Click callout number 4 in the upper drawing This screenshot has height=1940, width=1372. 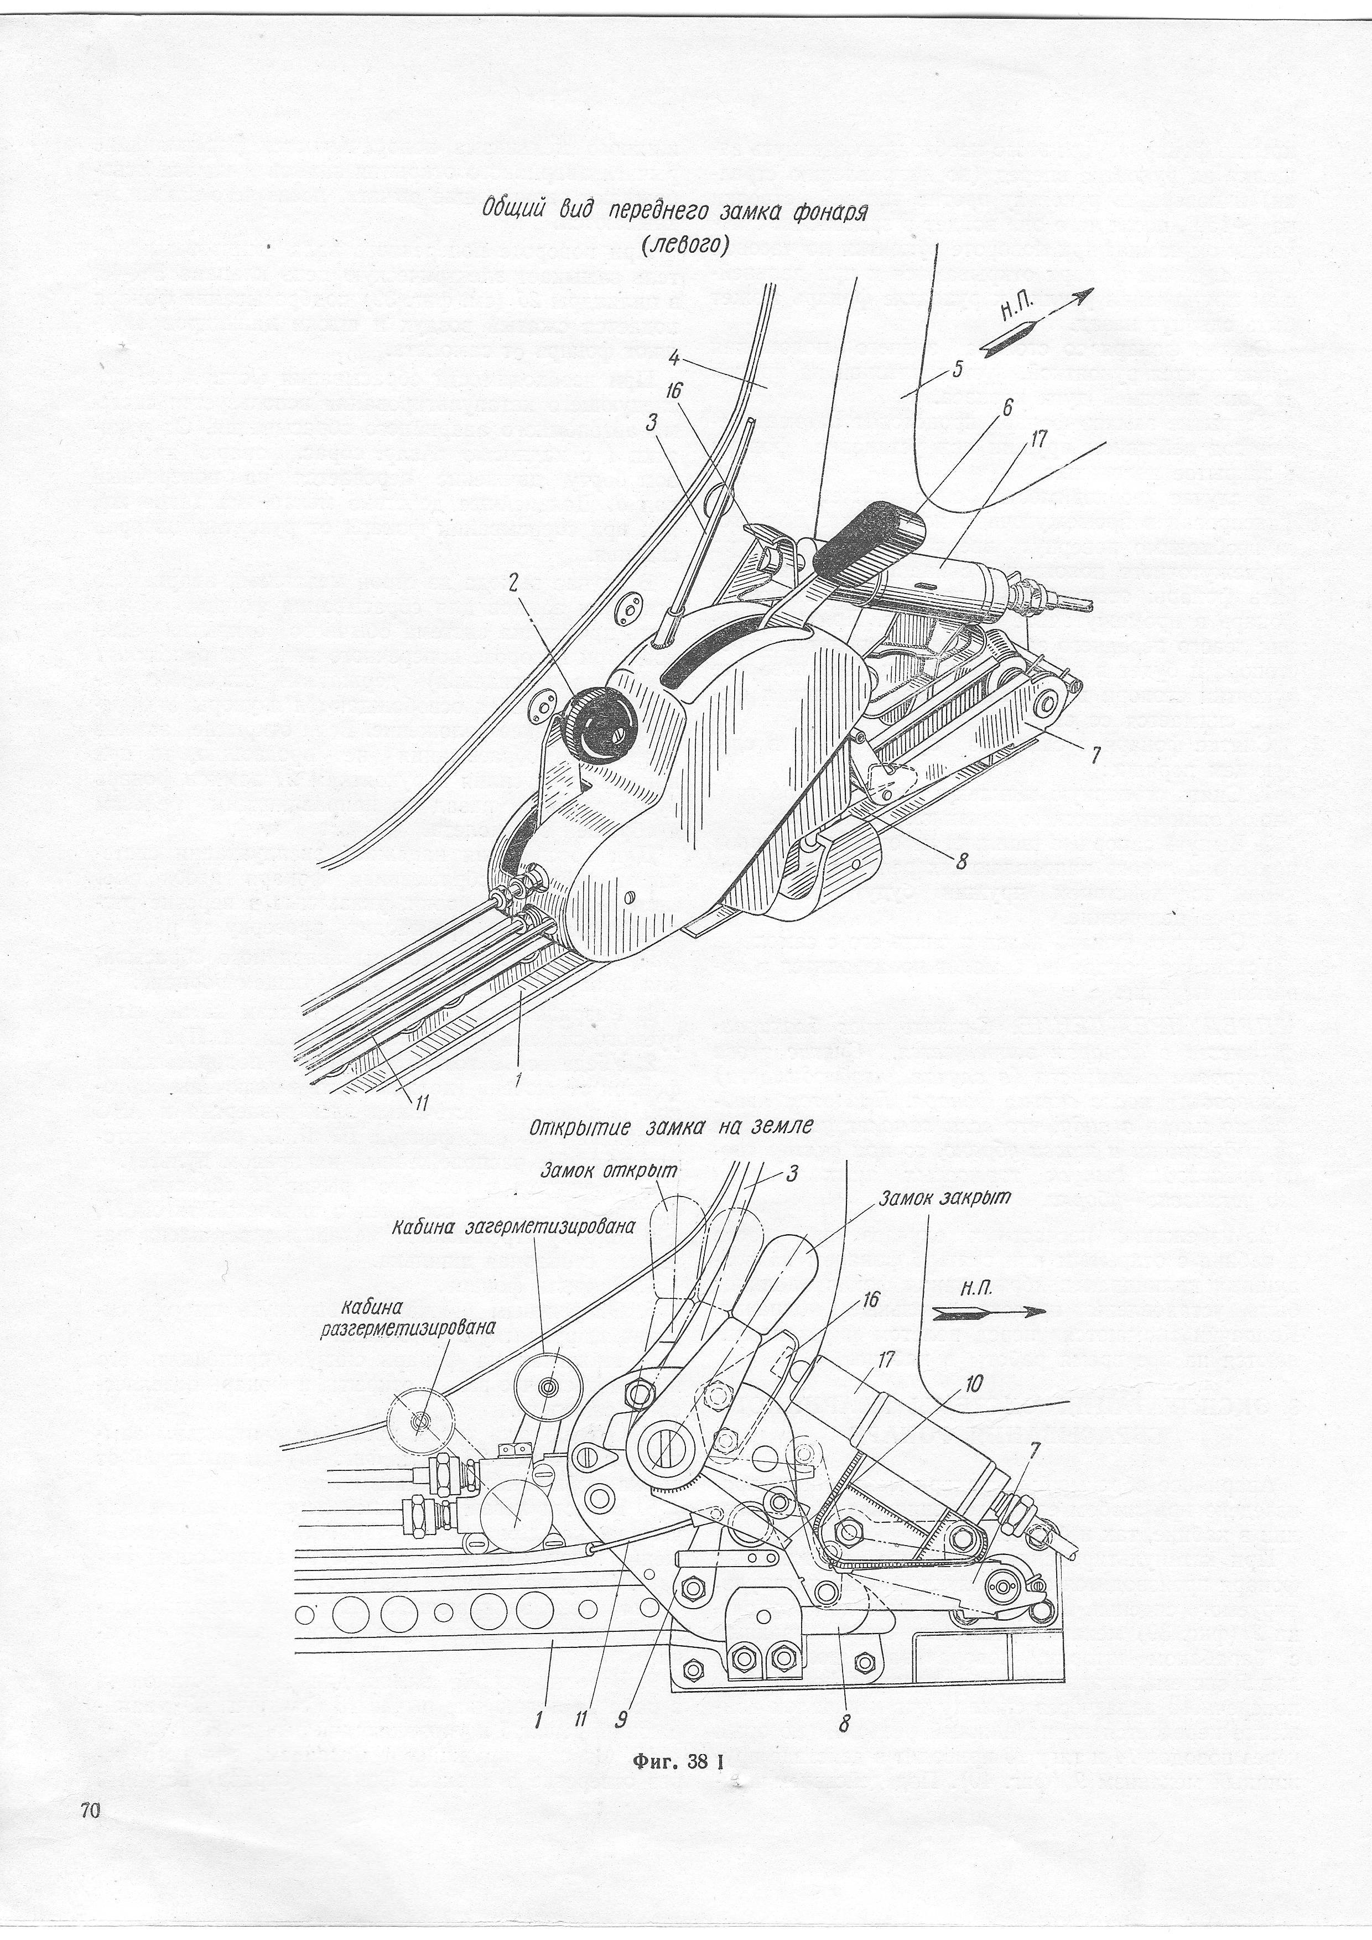pyautogui.click(x=673, y=358)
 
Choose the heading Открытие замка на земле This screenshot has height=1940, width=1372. pyautogui.click(x=672, y=1127)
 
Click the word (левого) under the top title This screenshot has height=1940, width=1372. pyautogui.click(x=684, y=246)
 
